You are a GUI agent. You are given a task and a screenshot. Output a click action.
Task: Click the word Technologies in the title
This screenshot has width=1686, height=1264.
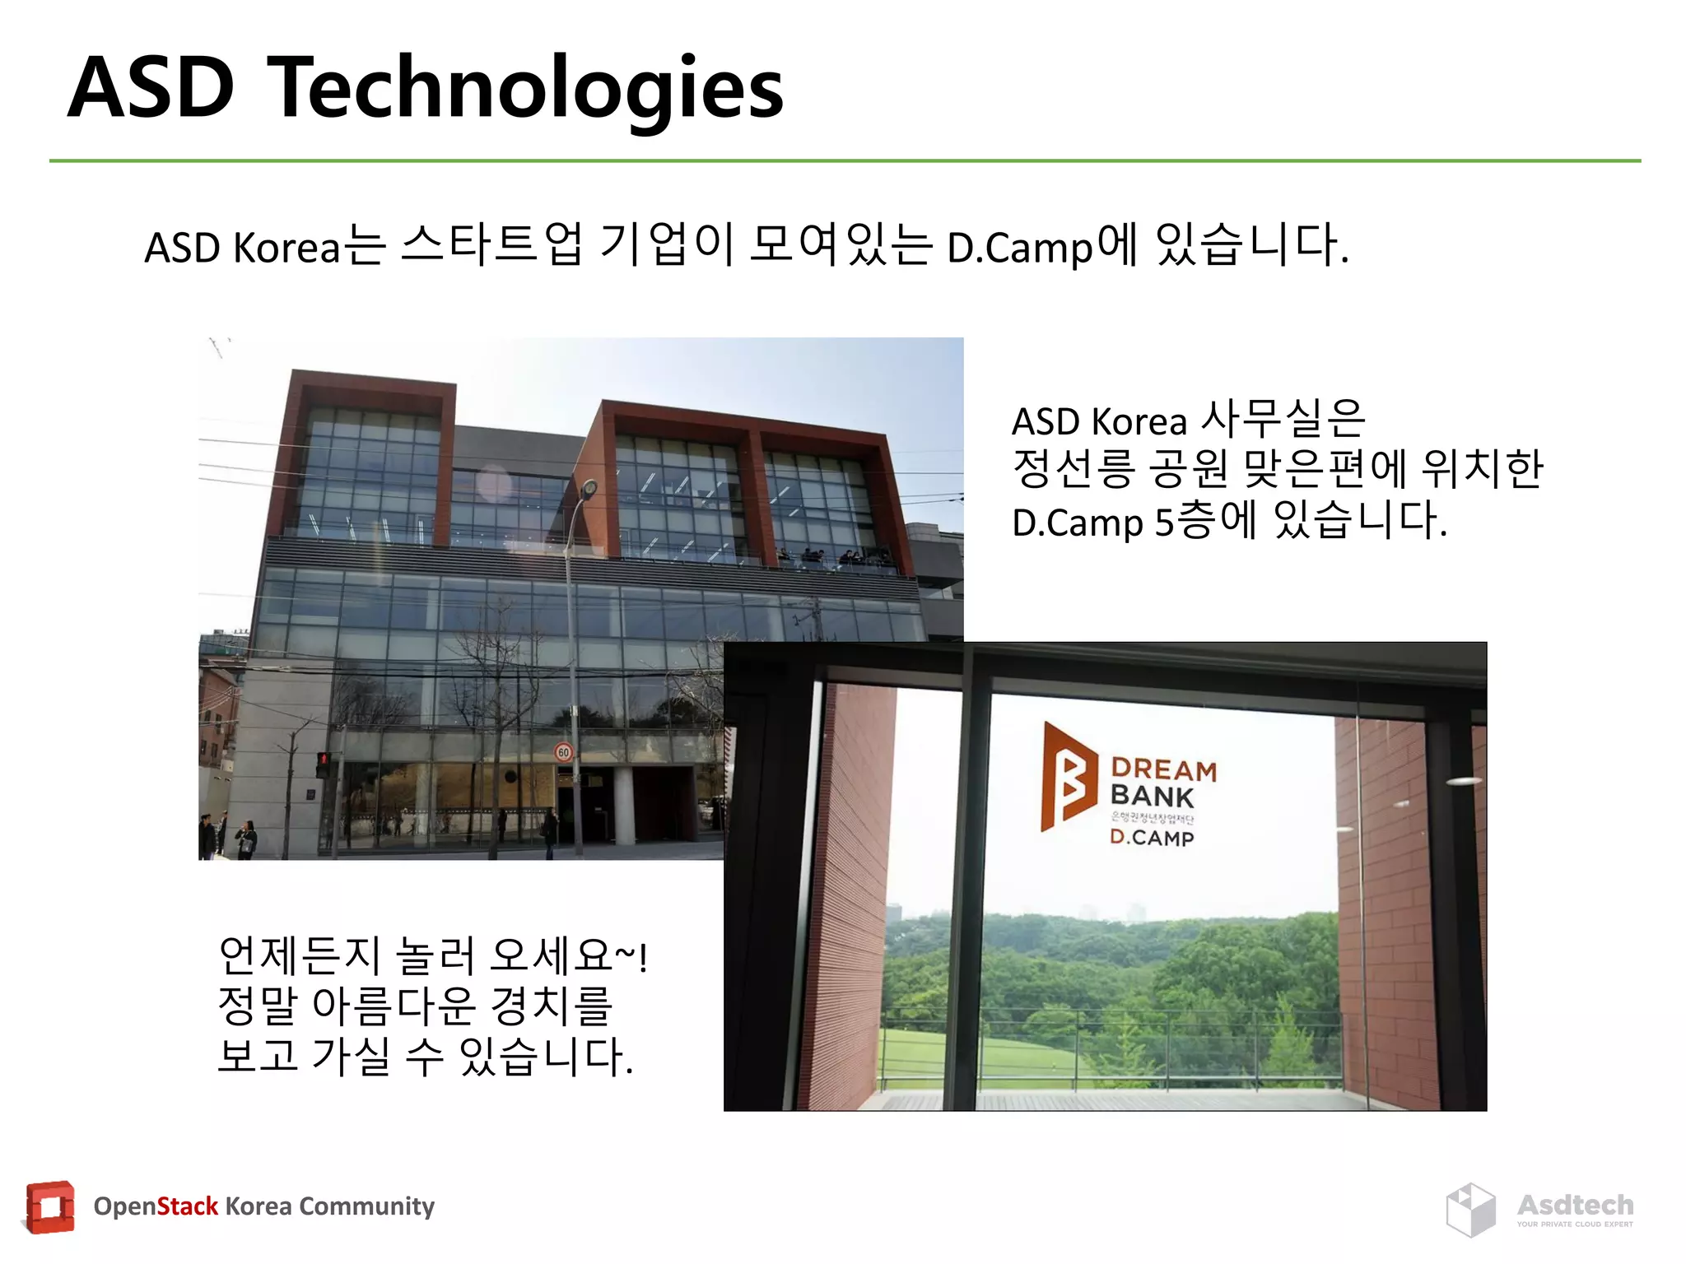(527, 89)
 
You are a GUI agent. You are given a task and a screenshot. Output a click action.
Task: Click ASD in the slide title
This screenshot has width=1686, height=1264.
(151, 87)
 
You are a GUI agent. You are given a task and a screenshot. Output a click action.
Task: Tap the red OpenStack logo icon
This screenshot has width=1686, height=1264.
(50, 1207)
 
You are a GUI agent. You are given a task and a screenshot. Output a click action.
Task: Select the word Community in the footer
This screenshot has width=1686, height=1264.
(366, 1206)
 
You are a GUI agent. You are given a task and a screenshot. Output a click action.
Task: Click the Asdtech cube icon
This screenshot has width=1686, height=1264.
(1470, 1210)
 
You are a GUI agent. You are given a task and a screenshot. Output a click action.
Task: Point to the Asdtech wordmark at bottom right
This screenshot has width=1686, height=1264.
(1575, 1205)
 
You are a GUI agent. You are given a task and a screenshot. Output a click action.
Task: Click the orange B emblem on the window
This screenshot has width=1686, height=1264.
(1068, 776)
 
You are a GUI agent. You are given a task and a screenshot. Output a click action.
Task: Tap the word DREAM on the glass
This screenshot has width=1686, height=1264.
(1163, 769)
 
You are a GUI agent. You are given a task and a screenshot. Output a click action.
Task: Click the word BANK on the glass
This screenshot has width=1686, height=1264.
(1151, 797)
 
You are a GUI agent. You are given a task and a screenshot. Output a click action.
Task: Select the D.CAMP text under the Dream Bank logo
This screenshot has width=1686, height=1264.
(1151, 838)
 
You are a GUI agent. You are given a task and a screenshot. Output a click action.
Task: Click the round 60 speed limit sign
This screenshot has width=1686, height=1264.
(563, 751)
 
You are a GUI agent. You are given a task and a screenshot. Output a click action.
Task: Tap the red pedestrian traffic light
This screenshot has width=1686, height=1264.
(323, 763)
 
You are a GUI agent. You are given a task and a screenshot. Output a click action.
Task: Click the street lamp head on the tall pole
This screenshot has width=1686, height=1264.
(589, 489)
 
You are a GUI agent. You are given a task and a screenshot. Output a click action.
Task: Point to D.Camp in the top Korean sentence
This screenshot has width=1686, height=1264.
(1019, 247)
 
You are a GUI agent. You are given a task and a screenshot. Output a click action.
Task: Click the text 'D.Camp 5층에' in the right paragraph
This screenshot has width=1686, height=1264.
(1134, 521)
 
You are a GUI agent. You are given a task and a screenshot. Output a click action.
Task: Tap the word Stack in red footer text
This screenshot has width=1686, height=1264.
(187, 1206)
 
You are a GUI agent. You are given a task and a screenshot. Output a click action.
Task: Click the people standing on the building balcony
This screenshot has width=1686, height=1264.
(831, 558)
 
